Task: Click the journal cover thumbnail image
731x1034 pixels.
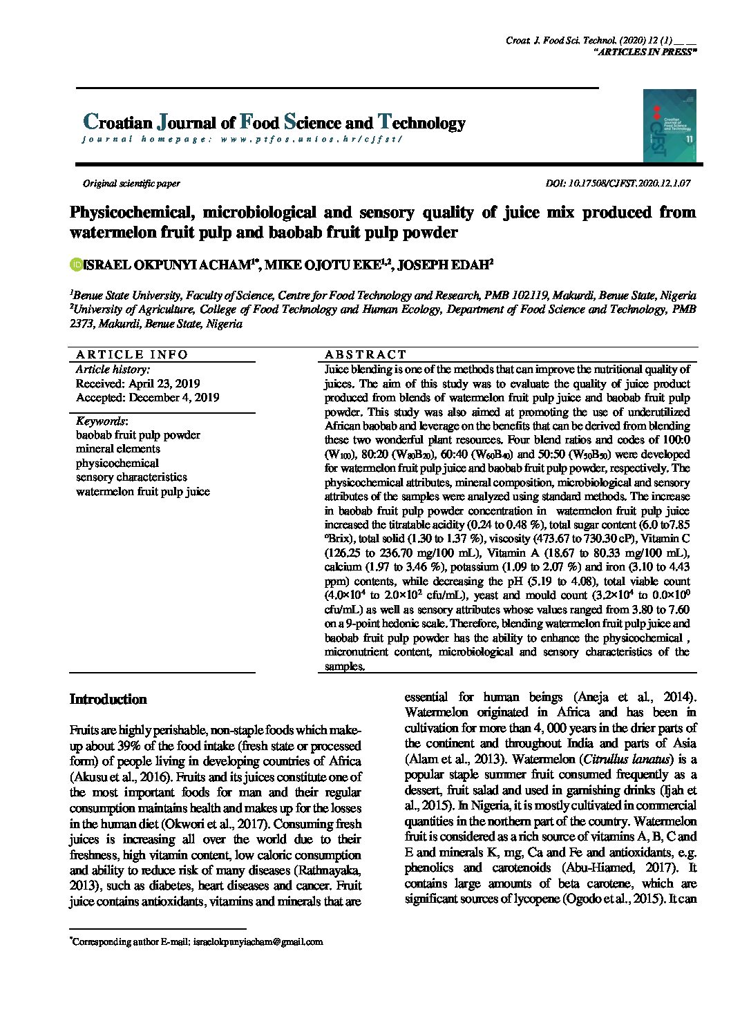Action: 669,126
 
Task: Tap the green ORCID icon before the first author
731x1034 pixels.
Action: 75,264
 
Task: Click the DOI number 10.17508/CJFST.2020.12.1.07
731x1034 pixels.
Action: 628,184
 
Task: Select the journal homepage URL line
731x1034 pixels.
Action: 242,140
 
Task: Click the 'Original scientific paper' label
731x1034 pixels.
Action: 131,184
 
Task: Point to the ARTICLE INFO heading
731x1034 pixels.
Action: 132,354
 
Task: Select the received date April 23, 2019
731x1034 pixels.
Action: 137,383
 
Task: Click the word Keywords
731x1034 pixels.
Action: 101,421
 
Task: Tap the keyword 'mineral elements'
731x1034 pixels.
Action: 117,449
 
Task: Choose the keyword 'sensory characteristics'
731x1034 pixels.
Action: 131,477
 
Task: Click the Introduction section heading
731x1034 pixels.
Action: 108,700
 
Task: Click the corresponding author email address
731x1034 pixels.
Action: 258,941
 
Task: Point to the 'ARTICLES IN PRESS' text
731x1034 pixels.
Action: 645,52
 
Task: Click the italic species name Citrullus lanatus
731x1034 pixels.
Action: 625,759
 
